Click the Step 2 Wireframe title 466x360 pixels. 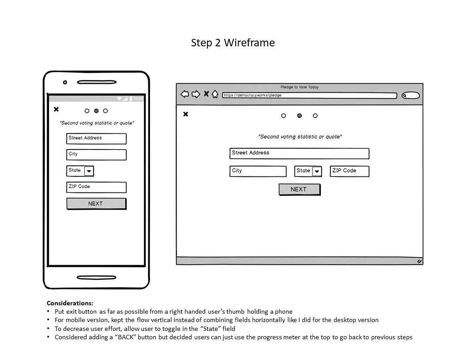[x=233, y=43]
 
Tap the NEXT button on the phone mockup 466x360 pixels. [x=96, y=204]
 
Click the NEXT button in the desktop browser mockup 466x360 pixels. [x=299, y=189]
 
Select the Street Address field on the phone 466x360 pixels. [x=96, y=139]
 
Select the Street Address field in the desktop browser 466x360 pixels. [x=299, y=153]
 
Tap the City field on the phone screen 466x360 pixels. [x=96, y=154]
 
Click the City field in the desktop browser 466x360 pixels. [x=258, y=171]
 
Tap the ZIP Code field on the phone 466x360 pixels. [x=96, y=187]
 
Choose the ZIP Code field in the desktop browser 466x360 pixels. [x=349, y=171]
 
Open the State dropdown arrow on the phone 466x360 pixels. [x=89, y=171]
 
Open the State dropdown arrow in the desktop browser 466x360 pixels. [x=317, y=172]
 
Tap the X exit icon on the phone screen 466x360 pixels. [x=56, y=109]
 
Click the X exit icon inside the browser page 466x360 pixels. [x=186, y=114]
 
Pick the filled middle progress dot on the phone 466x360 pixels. [x=96, y=111]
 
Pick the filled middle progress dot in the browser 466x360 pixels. [x=300, y=116]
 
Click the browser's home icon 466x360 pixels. [x=215, y=94]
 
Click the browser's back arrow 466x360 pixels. [x=184, y=94]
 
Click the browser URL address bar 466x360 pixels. [x=309, y=95]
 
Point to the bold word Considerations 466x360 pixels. [x=70, y=303]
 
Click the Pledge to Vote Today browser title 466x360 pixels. [x=299, y=87]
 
